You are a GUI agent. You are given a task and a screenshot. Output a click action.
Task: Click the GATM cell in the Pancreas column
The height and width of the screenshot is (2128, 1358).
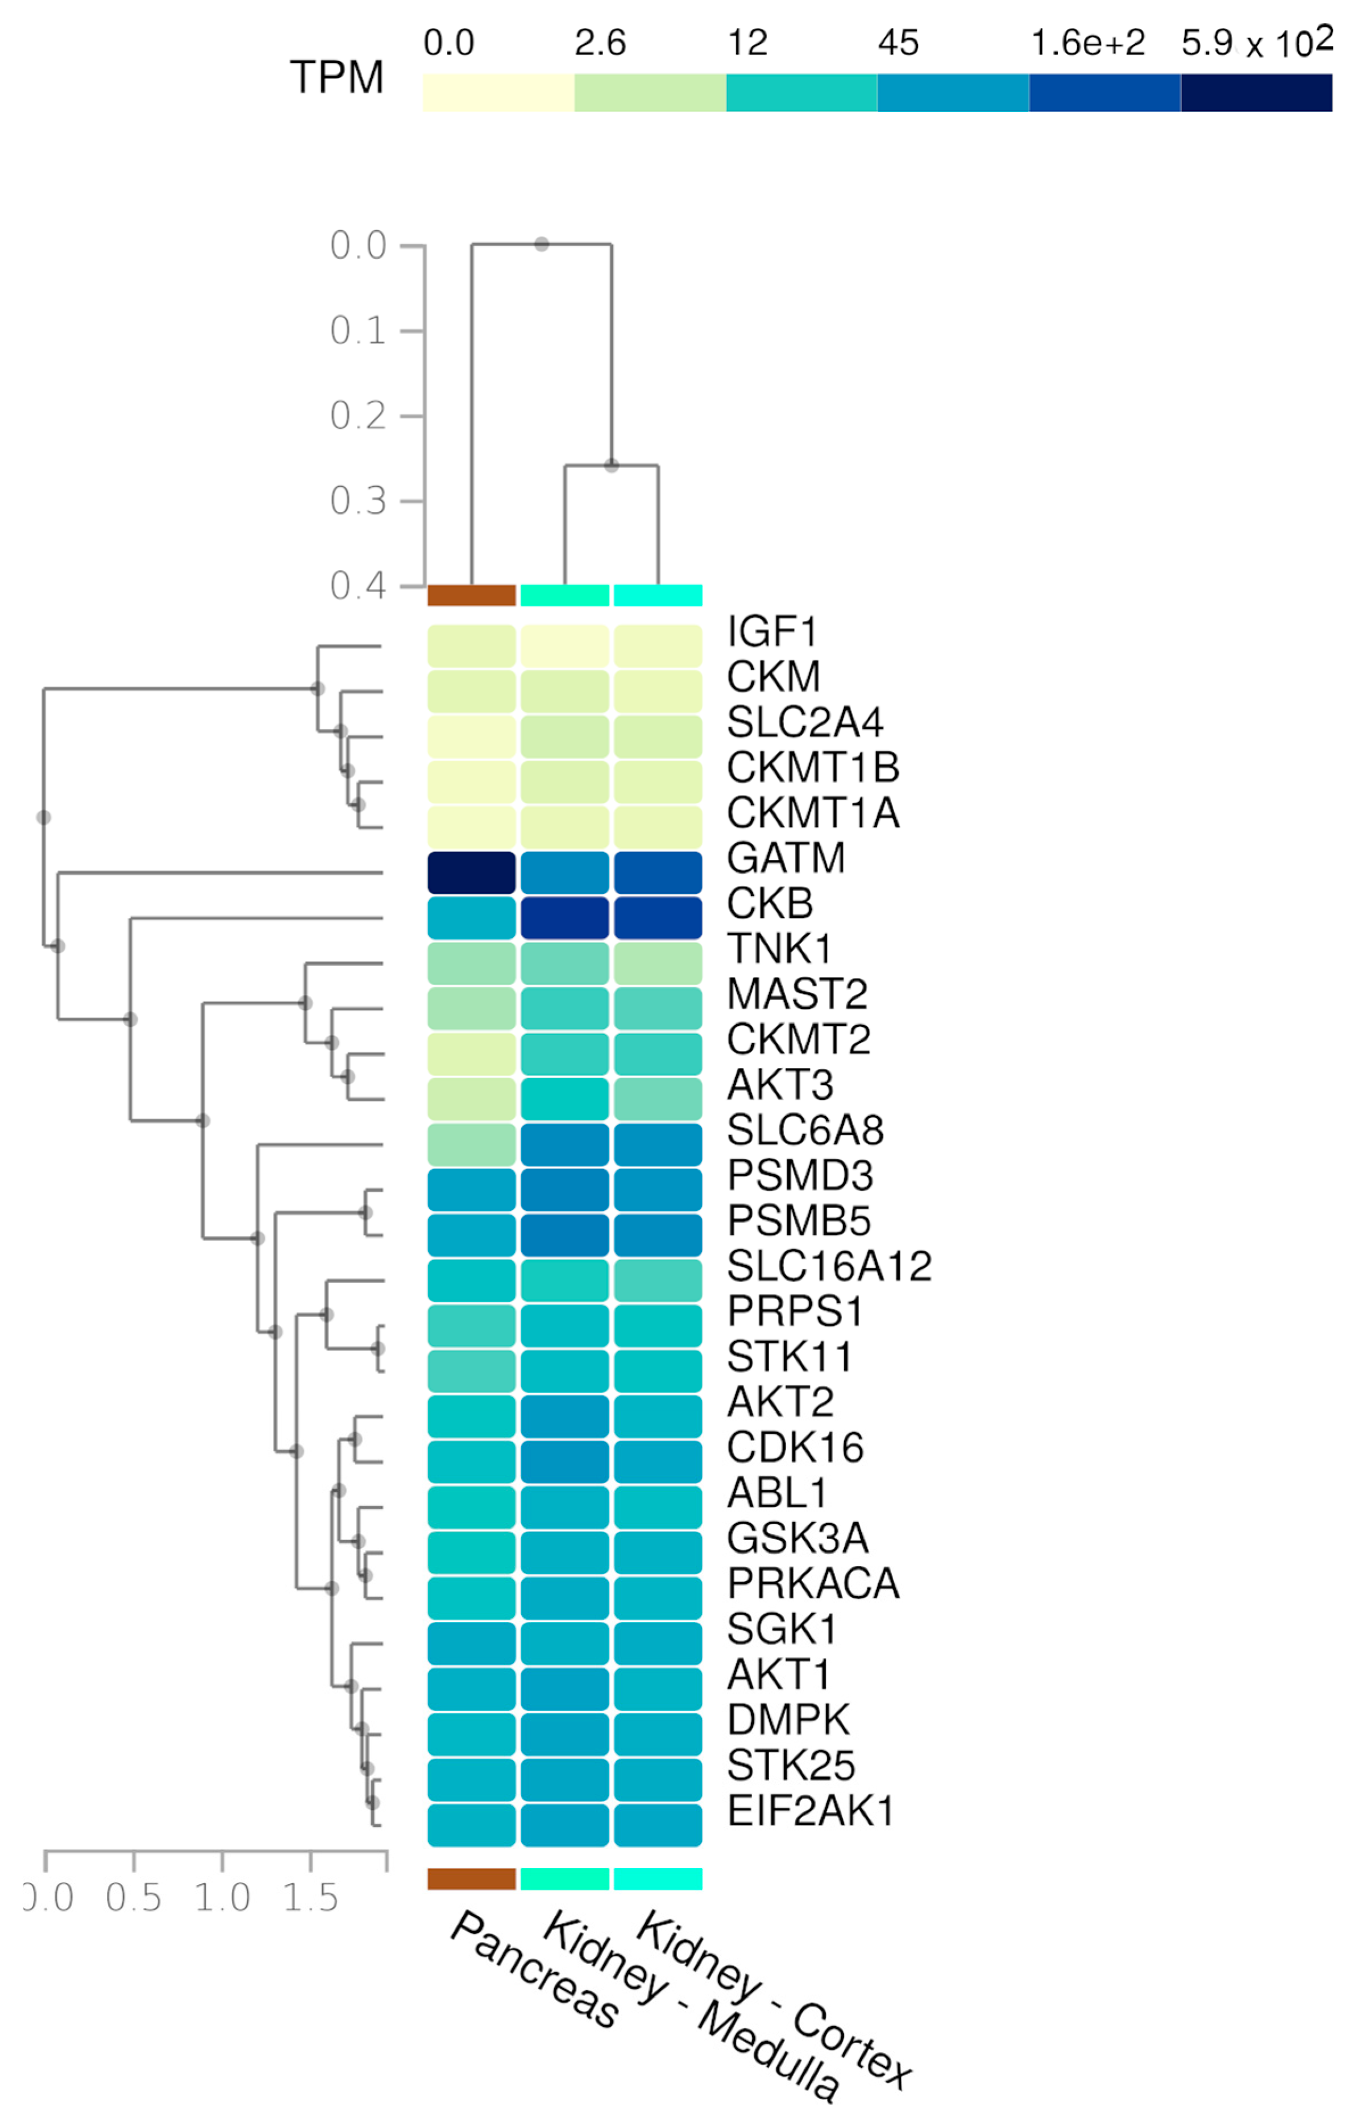pos(471,872)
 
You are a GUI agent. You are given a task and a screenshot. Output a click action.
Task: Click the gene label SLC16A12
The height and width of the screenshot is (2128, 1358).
pos(829,1266)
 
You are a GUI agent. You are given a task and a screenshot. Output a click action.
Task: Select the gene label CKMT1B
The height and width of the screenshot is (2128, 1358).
pos(813,767)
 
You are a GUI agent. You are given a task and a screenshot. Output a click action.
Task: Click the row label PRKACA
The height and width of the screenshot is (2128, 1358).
pos(813,1584)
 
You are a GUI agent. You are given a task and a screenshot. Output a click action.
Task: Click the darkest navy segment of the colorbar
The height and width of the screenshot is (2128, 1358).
pos(1256,93)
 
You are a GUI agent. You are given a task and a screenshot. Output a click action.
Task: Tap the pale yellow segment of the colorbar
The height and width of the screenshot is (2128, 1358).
pos(499,93)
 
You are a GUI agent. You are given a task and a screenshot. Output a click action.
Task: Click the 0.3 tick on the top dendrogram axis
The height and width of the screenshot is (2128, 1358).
pos(358,501)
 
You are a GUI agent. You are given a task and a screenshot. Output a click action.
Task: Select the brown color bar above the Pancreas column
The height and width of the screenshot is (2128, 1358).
pos(471,595)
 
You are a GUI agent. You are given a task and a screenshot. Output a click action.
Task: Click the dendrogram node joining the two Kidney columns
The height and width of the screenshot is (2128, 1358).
pos(612,465)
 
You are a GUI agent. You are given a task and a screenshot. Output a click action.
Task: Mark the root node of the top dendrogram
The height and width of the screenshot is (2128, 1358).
pos(542,244)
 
